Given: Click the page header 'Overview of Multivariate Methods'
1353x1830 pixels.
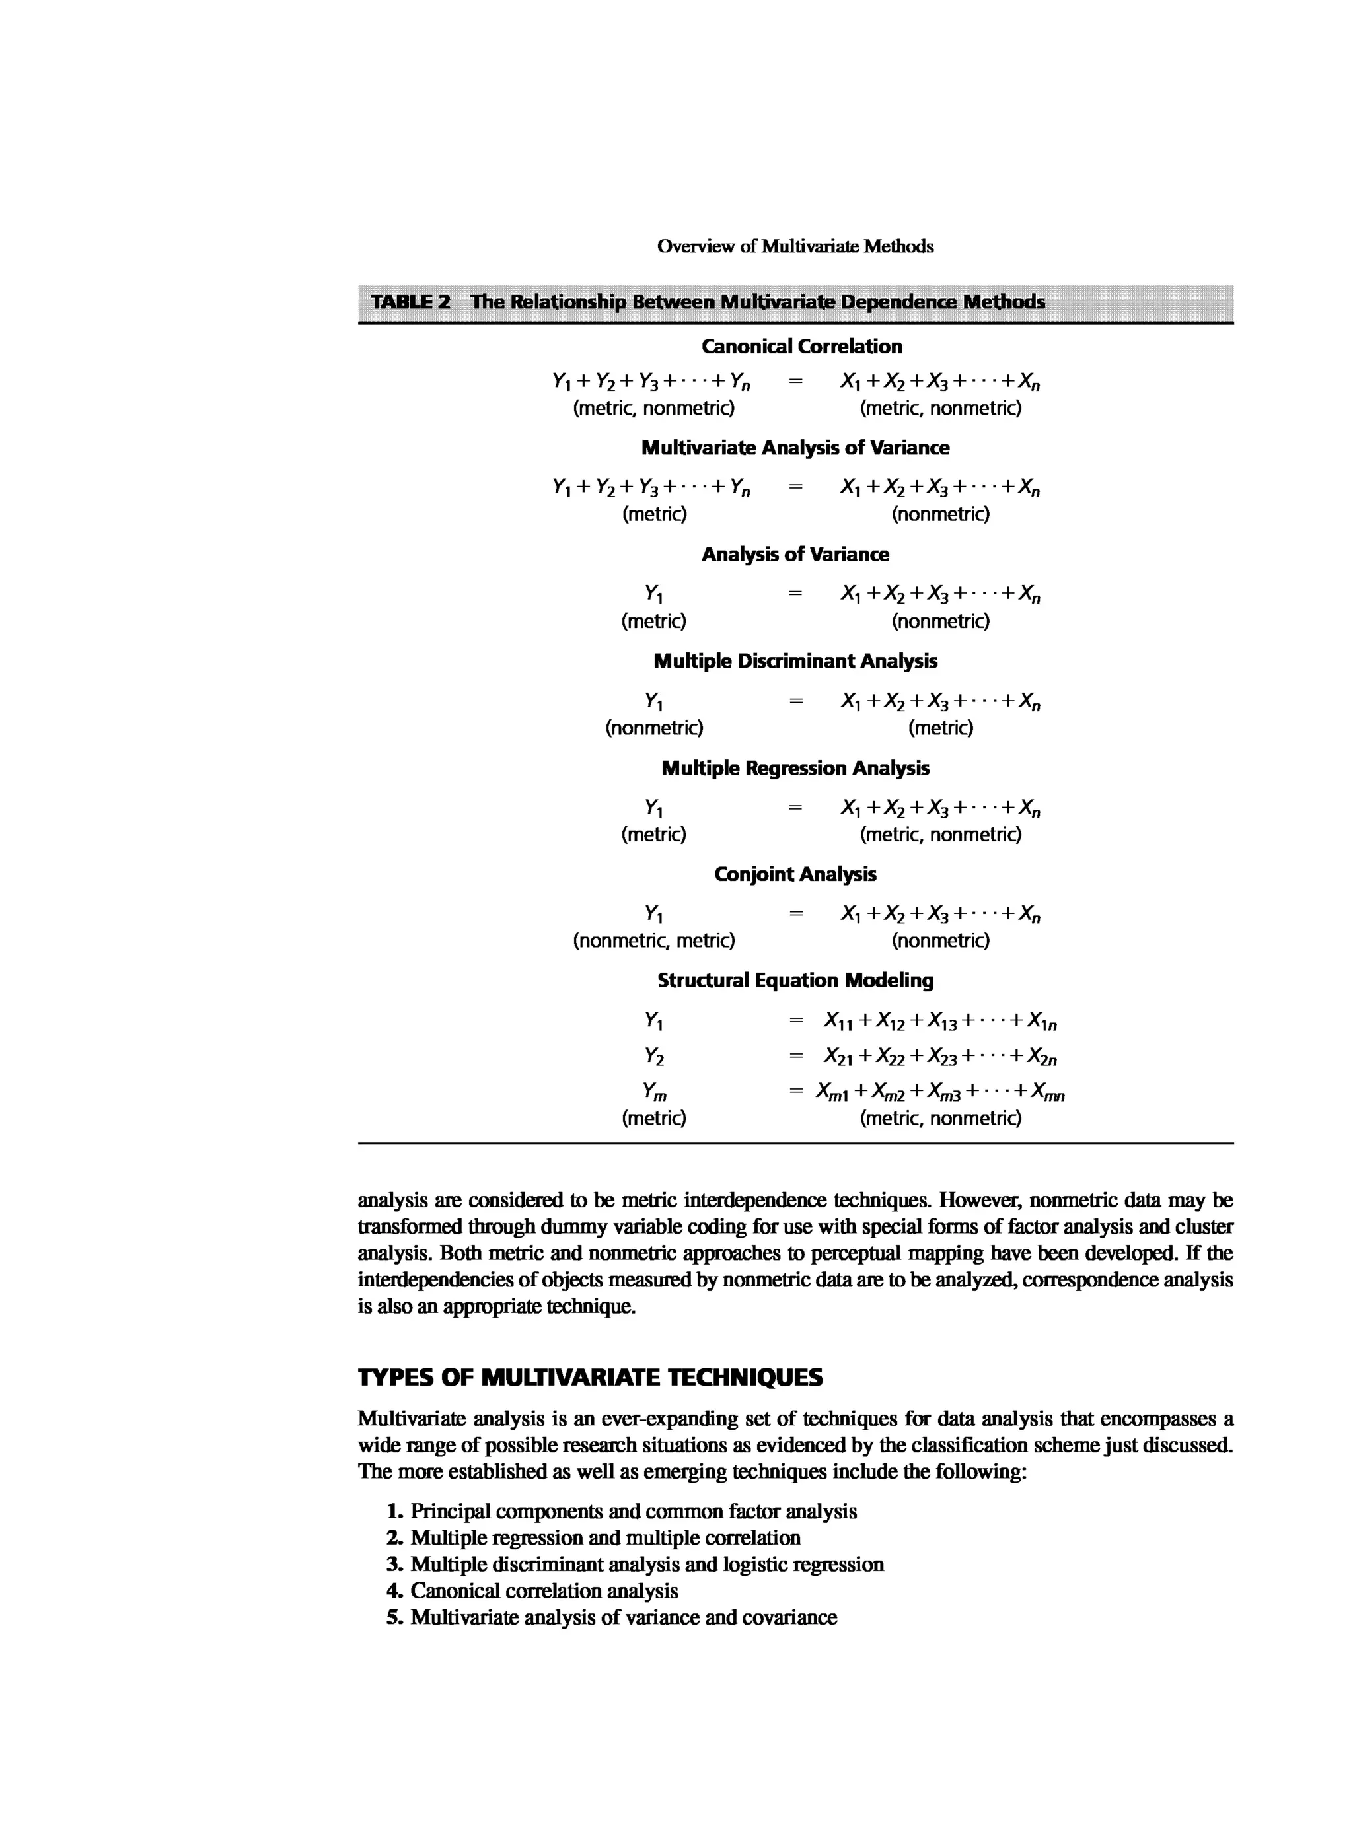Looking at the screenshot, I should pos(795,246).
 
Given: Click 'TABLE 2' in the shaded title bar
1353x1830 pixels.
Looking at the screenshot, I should pos(410,301).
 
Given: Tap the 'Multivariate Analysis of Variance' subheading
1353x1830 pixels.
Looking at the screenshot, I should pos(795,448).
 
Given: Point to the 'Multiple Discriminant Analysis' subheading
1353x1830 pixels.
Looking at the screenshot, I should pos(795,661).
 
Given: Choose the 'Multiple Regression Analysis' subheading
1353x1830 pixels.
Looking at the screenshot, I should pos(795,768).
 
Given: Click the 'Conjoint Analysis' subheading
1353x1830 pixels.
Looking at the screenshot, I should pos(795,874).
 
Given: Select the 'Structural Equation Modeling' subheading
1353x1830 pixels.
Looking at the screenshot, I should pos(795,980).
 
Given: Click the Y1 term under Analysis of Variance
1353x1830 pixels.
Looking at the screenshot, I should pos(653,594).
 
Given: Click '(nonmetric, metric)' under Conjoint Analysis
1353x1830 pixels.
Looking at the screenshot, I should pos(653,940).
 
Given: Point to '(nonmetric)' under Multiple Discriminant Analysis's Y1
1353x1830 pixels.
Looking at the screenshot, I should pos(653,727).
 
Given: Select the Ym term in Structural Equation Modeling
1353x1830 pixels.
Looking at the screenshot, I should pos(653,1092).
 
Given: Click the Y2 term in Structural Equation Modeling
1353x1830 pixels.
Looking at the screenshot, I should pos(653,1056).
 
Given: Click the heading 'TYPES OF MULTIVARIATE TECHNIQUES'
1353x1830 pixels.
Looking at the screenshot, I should pos(590,1377).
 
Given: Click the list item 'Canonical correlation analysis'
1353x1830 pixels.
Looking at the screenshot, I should pos(544,1591).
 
